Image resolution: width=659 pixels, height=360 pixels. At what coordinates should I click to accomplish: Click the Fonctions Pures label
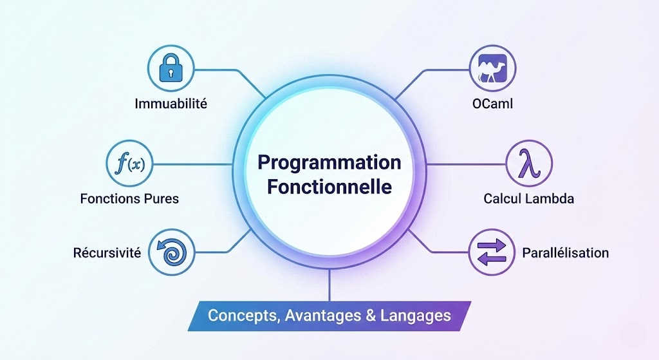pyautogui.click(x=129, y=198)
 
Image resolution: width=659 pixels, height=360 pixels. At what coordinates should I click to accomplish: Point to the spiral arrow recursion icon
pyautogui.click(x=171, y=252)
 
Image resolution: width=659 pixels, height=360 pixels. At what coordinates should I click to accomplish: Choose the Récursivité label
pyautogui.click(x=107, y=252)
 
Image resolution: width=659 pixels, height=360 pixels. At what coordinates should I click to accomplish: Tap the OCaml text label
pyautogui.click(x=488, y=103)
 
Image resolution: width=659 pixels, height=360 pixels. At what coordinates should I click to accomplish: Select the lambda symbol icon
pyautogui.click(x=528, y=163)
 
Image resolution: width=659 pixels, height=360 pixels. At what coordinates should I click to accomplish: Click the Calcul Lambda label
pyautogui.click(x=528, y=198)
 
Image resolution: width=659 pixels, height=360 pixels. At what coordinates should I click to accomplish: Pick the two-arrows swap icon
pyautogui.click(x=489, y=252)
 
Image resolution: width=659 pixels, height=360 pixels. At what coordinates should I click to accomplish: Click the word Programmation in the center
pyautogui.click(x=329, y=162)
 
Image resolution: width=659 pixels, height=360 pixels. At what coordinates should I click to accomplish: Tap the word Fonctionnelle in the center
pyautogui.click(x=329, y=187)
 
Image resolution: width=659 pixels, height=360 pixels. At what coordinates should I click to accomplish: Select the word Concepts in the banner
pyautogui.click(x=238, y=316)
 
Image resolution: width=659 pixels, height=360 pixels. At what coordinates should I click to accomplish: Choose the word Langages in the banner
pyautogui.click(x=415, y=316)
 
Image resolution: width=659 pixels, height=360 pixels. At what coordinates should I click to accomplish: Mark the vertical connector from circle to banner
pyautogui.click(x=329, y=285)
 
